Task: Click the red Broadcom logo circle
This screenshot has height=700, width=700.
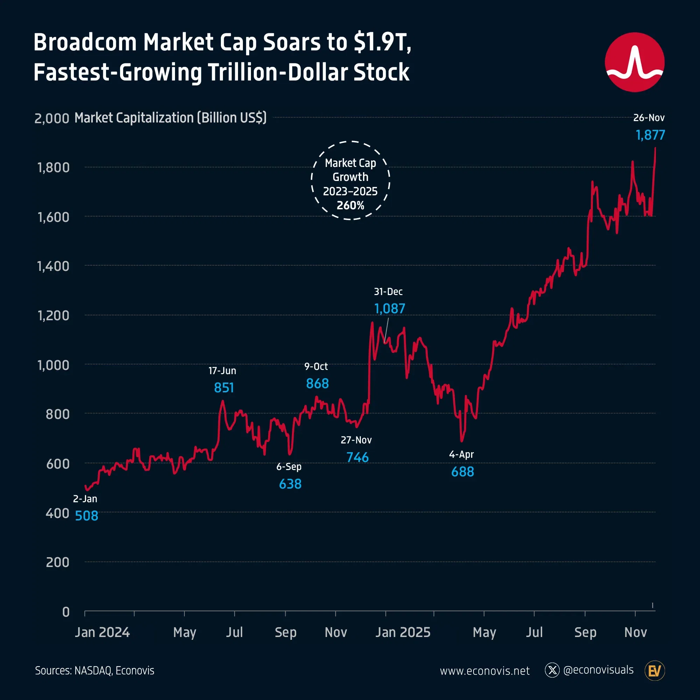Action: click(x=635, y=62)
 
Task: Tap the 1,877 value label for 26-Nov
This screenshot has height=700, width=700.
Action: click(x=650, y=135)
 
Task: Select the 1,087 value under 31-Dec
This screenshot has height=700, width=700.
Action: click(x=390, y=309)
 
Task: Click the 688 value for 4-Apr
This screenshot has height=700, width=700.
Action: click(x=462, y=472)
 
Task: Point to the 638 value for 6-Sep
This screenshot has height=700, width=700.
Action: click(x=290, y=484)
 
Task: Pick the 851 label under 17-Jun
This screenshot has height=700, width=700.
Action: click(x=224, y=388)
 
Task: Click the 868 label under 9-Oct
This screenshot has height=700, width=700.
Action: click(x=317, y=383)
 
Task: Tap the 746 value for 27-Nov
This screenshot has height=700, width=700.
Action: click(x=357, y=457)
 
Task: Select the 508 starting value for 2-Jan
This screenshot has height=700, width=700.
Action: click(x=86, y=516)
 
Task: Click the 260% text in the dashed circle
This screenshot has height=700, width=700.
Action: click(x=350, y=205)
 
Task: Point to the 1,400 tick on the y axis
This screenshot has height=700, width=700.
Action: click(x=53, y=266)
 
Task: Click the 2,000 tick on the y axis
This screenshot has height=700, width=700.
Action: click(x=51, y=119)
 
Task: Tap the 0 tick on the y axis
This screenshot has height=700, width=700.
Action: click(x=65, y=612)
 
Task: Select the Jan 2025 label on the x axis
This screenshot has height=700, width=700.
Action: click(x=402, y=632)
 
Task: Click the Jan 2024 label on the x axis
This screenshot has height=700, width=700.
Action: click(x=102, y=632)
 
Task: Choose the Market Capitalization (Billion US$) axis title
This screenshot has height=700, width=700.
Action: click(x=170, y=118)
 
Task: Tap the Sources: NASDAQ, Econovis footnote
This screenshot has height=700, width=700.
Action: click(x=94, y=671)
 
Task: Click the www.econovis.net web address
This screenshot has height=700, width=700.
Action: click(x=484, y=671)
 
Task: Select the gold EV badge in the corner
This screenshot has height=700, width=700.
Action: click(x=654, y=671)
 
